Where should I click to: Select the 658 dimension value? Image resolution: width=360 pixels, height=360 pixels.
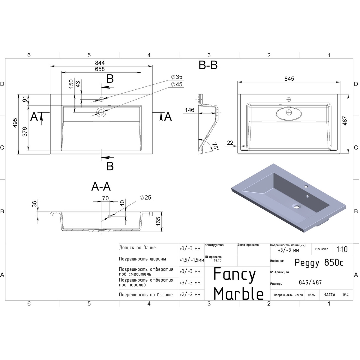pyautogui.click(x=100, y=69)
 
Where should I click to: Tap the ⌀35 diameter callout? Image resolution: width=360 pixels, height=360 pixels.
pyautogui.click(x=177, y=77)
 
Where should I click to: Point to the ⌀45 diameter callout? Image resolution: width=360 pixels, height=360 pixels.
pyautogui.click(x=177, y=84)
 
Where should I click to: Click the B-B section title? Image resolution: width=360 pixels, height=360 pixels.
pyautogui.click(x=208, y=65)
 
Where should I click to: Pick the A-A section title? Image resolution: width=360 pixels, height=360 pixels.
pyautogui.click(x=101, y=187)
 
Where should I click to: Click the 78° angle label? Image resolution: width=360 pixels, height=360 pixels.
pyautogui.click(x=215, y=146)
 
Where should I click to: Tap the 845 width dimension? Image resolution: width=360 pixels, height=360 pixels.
pyautogui.click(x=289, y=79)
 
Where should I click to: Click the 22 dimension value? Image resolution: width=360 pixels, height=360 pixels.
pyautogui.click(x=230, y=143)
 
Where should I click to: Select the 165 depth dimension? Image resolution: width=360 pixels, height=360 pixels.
pyautogui.click(x=159, y=221)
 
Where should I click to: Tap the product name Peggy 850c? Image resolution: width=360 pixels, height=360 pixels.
pyautogui.click(x=319, y=263)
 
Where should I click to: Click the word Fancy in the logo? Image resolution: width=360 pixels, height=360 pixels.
pyautogui.click(x=234, y=274)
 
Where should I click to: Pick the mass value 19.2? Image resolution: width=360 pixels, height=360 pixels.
pyautogui.click(x=345, y=295)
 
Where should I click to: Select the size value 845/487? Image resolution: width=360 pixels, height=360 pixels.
pyautogui.click(x=310, y=282)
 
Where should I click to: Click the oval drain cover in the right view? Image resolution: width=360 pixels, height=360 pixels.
pyautogui.click(x=289, y=112)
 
